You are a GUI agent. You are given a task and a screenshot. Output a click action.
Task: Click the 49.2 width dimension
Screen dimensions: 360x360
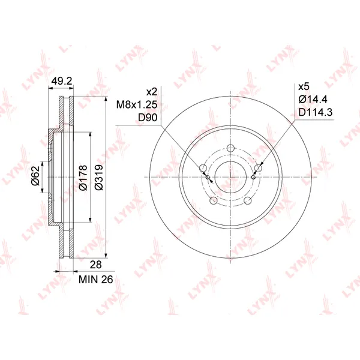pos(62,81)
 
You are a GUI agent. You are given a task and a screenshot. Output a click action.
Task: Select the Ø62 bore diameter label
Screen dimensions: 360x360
pos(36,176)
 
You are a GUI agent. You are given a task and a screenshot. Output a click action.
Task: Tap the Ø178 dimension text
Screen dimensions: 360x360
pos(83,178)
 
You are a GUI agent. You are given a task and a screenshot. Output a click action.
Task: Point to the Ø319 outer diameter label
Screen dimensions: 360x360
pos(99,177)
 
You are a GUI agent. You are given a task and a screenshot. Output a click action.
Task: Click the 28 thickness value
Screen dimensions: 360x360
pos(96,265)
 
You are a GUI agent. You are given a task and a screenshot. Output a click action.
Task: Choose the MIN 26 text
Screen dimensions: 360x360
pos(96,280)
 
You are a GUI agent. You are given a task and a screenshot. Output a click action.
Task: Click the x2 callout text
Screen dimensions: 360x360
pos(152,92)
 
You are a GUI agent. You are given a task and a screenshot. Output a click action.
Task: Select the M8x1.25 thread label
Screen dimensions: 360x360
pos(137,105)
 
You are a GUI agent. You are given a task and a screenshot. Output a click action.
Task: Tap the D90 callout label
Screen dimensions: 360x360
pos(148,118)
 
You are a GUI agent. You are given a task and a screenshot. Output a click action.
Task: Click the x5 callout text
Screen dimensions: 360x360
pos(304,87)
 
